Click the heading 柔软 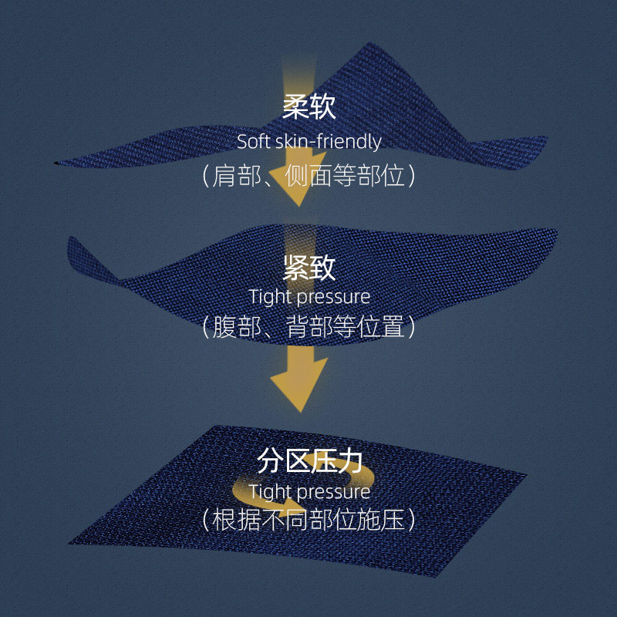[308, 108]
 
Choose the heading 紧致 [308, 268]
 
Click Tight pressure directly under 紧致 [308, 296]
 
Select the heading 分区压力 [308, 461]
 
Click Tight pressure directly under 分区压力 [308, 491]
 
